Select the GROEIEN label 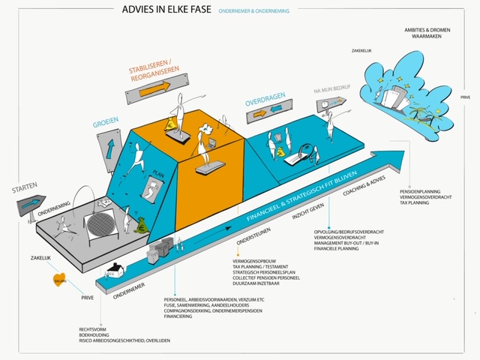coord(106,119)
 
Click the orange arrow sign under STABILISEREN coord(154,87)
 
